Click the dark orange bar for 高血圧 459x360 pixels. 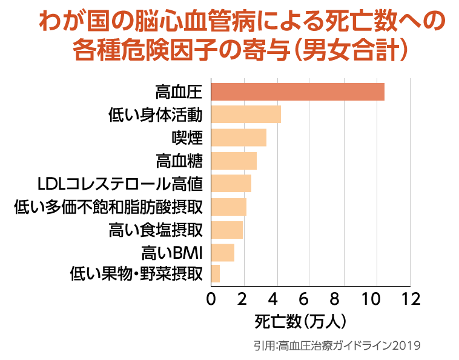[x=297, y=92]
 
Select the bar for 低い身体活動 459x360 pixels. [x=246, y=115]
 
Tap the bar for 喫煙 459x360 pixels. [x=239, y=138]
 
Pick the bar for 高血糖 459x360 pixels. [x=234, y=161]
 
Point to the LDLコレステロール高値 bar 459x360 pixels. [x=231, y=183]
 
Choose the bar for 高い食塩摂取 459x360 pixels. [x=226, y=230]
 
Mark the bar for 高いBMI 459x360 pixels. [x=222, y=252]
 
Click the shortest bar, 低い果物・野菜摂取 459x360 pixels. [x=215, y=274]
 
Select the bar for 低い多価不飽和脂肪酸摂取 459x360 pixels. [x=228, y=207]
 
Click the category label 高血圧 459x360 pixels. [x=178, y=92]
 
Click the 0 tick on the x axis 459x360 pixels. [x=211, y=299]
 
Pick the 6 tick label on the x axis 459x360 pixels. [x=309, y=299]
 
